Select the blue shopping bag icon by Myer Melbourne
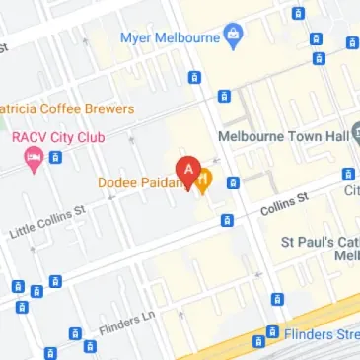point(233,38)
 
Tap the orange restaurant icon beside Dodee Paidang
point(204,181)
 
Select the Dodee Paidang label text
point(142,181)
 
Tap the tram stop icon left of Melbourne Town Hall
point(225,96)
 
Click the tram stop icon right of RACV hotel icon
point(56,157)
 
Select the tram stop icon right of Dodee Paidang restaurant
point(233,181)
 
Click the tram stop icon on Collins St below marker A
point(227,220)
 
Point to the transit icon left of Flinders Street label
point(272,332)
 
